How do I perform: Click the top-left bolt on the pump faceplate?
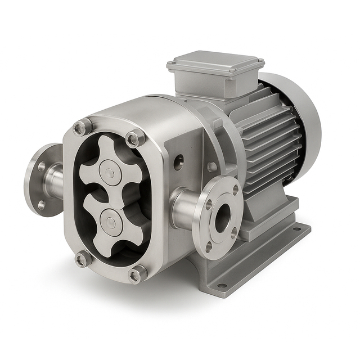[83, 127]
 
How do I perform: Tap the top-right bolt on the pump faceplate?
[135, 138]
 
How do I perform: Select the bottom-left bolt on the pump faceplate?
[83, 259]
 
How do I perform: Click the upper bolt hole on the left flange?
[42, 167]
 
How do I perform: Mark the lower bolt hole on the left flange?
[41, 205]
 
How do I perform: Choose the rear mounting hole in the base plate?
[296, 229]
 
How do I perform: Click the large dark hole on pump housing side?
[178, 163]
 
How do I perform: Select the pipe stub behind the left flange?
[55, 181]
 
